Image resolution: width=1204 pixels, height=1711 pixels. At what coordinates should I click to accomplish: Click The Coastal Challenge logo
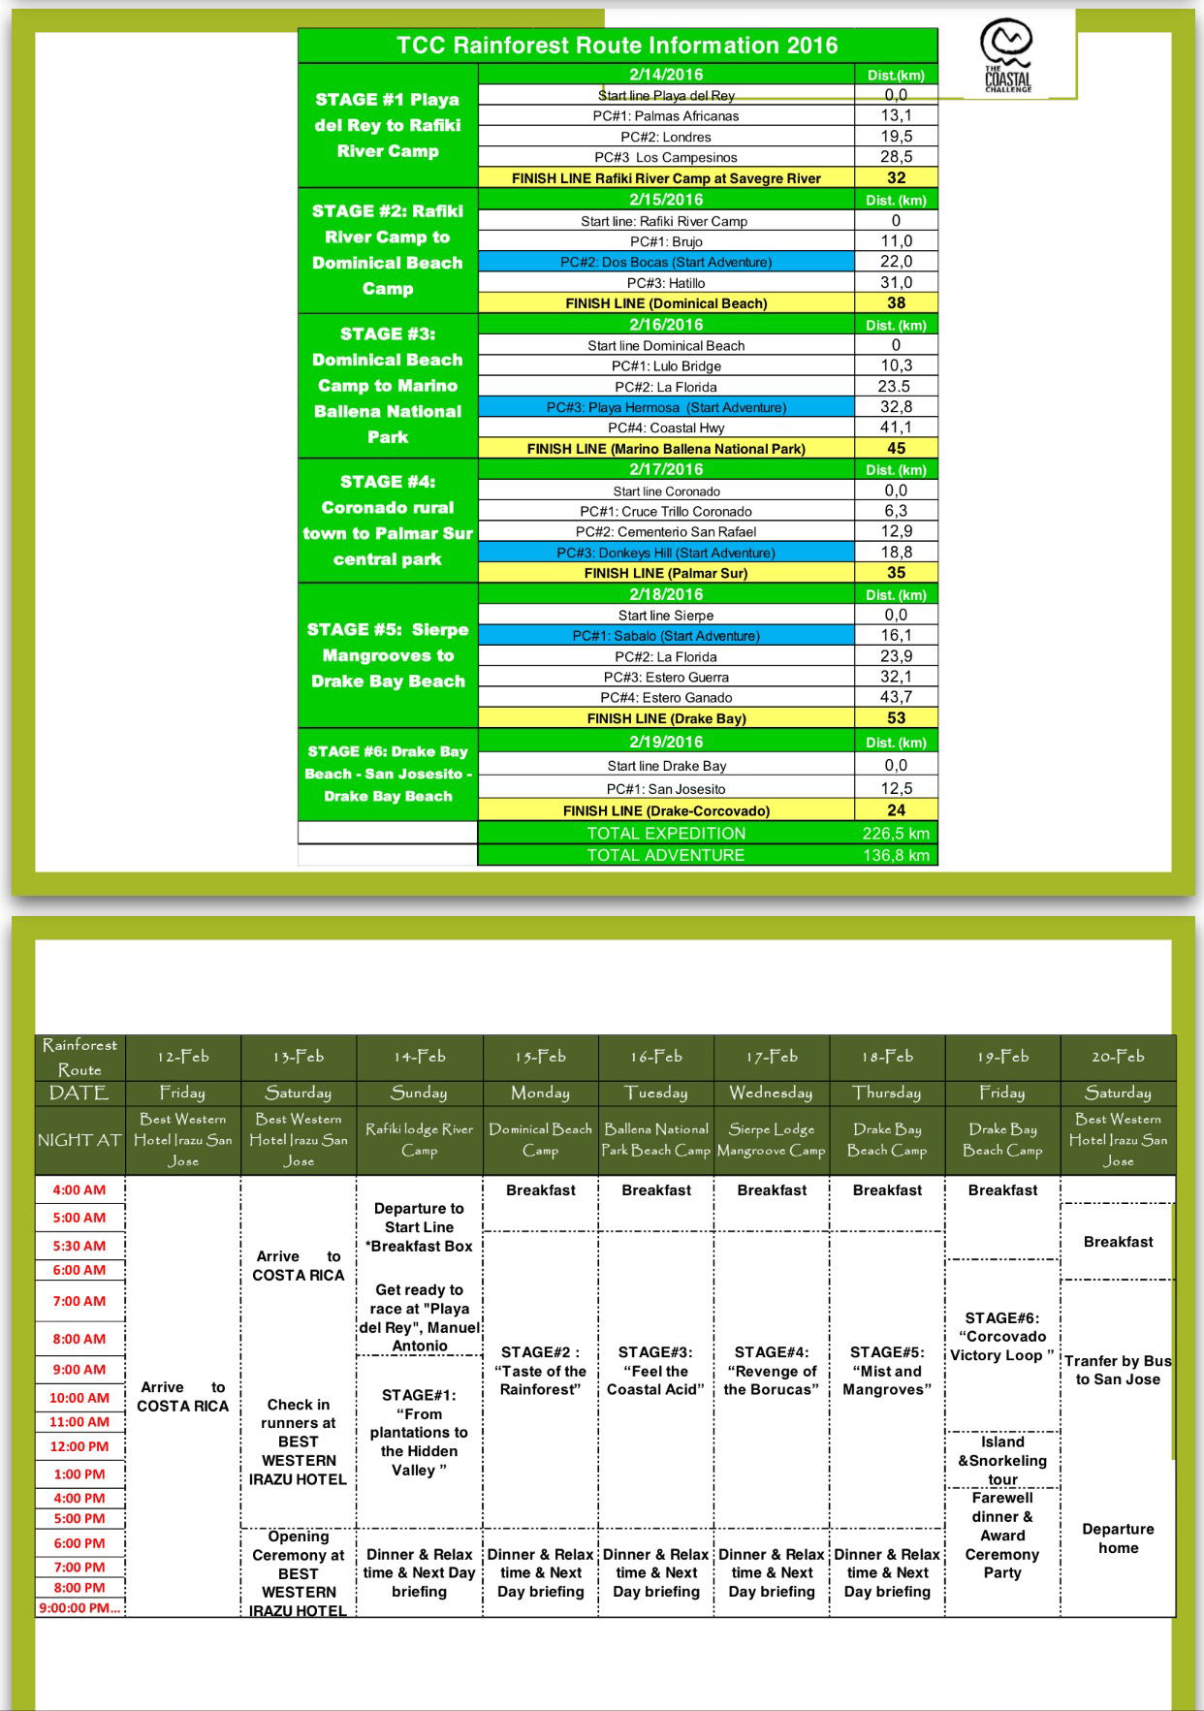click(1006, 56)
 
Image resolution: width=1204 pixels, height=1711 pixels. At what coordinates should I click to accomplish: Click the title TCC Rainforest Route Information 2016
click(617, 46)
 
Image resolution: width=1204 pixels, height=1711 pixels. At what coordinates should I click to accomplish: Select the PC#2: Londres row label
click(666, 137)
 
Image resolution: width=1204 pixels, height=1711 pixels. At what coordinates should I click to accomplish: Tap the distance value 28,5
click(896, 157)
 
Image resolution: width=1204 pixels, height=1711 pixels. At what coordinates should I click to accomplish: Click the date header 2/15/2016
click(666, 200)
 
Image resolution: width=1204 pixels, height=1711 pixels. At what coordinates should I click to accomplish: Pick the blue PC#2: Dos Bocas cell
click(666, 262)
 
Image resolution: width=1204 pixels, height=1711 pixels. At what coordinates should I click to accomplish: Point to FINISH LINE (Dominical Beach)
click(666, 303)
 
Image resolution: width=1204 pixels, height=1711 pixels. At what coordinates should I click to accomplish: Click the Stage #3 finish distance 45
click(896, 449)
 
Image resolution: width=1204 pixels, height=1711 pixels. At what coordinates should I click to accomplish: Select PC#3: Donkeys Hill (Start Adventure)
click(666, 553)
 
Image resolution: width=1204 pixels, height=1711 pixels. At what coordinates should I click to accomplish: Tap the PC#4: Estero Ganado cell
click(666, 698)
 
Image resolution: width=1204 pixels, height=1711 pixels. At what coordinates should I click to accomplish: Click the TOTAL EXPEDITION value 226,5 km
click(896, 834)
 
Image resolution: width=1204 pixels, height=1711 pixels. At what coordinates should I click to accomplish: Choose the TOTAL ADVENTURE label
click(666, 855)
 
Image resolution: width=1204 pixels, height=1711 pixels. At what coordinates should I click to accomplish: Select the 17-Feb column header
click(772, 1057)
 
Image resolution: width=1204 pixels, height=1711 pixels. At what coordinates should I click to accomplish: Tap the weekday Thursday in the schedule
click(887, 1093)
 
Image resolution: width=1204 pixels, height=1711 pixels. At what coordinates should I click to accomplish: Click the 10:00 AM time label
click(79, 1398)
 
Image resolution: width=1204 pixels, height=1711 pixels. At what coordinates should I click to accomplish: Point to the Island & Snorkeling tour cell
click(1002, 1460)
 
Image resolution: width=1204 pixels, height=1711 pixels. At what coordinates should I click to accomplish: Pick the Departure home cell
click(1118, 1538)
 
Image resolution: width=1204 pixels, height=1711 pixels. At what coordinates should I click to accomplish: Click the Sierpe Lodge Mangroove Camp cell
click(772, 1140)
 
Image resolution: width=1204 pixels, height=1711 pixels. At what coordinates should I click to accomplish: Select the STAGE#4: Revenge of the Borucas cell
click(772, 1371)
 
